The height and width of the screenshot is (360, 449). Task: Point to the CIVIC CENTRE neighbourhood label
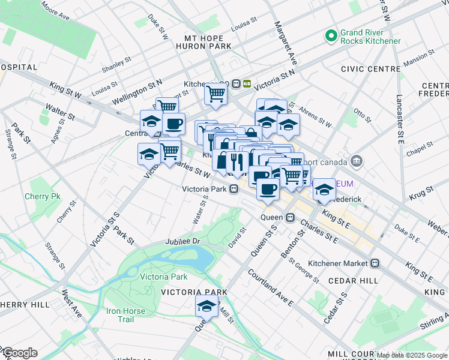pos(370,69)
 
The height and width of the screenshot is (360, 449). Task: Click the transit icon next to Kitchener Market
pos(375,263)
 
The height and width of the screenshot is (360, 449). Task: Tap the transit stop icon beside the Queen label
pos(290,217)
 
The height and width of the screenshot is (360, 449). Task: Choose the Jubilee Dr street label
pos(187,241)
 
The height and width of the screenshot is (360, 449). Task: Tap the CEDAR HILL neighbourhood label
pos(352,281)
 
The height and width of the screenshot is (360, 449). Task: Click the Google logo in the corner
pos(19,353)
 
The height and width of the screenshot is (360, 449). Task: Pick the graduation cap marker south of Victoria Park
pos(206,306)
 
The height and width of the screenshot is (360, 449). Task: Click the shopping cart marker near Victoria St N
pos(215,94)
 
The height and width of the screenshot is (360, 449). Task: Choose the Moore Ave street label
pos(56,10)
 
